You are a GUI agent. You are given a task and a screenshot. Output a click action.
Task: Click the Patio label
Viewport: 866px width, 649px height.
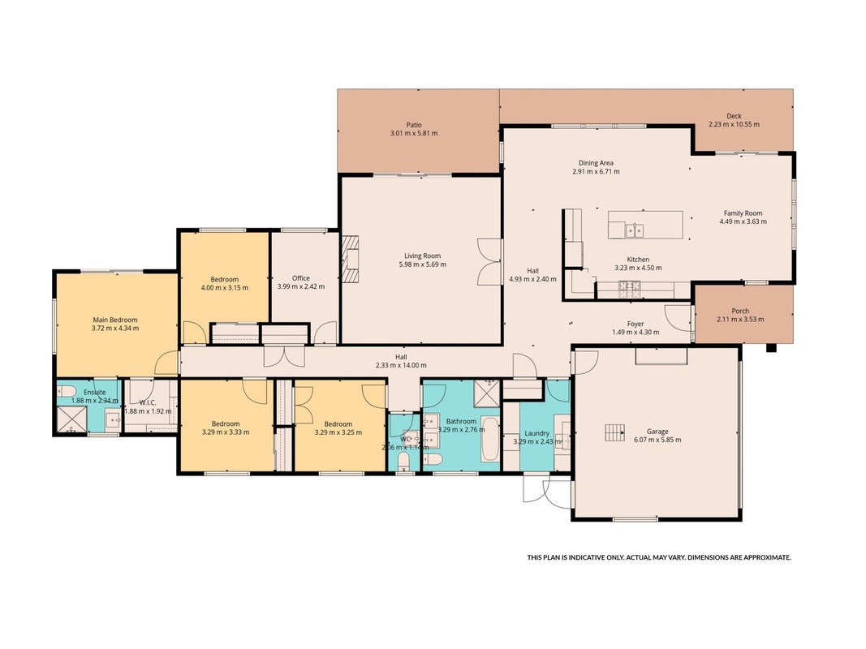pyautogui.click(x=414, y=125)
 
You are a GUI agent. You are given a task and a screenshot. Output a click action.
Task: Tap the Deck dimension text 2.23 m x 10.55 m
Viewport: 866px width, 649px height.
pyautogui.click(x=734, y=124)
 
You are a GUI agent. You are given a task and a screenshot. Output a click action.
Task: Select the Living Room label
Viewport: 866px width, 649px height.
pyautogui.click(x=423, y=256)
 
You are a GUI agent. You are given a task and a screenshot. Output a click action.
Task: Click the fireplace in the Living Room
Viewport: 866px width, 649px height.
pyautogui.click(x=350, y=259)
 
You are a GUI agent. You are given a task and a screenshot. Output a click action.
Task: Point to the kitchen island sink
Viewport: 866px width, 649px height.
pyautogui.click(x=635, y=230)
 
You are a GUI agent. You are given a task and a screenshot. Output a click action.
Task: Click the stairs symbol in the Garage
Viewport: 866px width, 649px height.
pyautogui.click(x=614, y=432)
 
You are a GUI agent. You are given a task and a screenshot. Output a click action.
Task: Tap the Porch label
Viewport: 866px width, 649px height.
pyautogui.click(x=740, y=311)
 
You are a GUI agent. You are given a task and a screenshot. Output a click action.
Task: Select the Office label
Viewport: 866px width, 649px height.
pyautogui.click(x=301, y=278)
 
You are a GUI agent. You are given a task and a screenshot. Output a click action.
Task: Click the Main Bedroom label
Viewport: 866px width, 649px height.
pyautogui.click(x=115, y=320)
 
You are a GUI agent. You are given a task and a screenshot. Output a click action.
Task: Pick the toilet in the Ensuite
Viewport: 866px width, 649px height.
pyautogui.click(x=67, y=391)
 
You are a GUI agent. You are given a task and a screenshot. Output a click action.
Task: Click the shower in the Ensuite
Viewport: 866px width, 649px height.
pyautogui.click(x=71, y=420)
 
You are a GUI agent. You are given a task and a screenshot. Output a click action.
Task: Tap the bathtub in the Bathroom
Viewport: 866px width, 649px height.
pyautogui.click(x=490, y=439)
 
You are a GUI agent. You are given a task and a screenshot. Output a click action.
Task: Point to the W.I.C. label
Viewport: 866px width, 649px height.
pyautogui.click(x=148, y=403)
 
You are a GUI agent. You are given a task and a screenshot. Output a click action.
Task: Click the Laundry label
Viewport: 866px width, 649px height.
pyautogui.click(x=536, y=433)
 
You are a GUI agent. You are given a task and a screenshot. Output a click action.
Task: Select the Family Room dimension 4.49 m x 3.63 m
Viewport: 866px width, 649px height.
pyautogui.click(x=743, y=221)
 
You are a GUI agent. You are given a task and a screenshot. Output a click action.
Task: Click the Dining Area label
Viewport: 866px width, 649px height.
pyautogui.click(x=596, y=163)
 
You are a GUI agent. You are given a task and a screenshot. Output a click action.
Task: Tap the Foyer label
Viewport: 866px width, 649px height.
pyautogui.click(x=635, y=324)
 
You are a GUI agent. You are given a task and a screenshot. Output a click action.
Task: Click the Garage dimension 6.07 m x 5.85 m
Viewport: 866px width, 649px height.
pyautogui.click(x=657, y=440)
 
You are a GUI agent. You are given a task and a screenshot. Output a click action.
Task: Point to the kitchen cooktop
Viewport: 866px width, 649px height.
pyautogui.click(x=629, y=286)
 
